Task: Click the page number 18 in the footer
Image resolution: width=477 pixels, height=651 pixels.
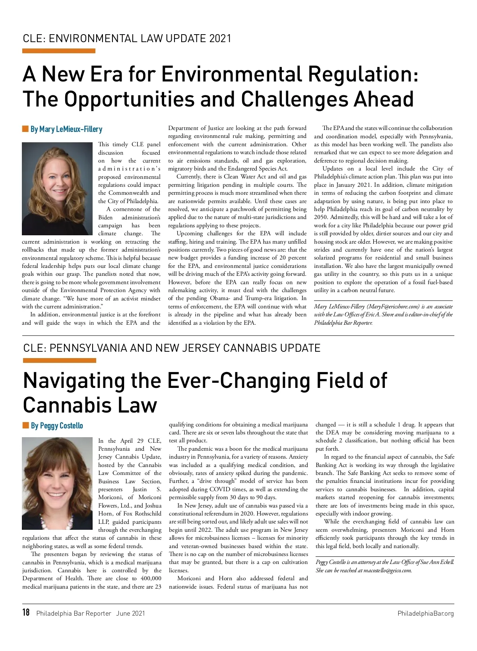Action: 26,612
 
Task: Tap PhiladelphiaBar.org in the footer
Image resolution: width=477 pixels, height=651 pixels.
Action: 425,613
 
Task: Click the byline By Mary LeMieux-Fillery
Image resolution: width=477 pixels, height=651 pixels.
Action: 66,129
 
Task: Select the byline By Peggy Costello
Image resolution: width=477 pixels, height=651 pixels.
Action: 57,426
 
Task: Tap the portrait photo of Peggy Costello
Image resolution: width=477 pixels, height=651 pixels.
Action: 58,483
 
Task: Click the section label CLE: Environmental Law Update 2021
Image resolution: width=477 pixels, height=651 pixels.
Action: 127,39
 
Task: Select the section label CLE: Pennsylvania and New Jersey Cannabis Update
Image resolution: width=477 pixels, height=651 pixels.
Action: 172,348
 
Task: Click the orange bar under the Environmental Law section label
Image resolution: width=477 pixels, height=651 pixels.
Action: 59,51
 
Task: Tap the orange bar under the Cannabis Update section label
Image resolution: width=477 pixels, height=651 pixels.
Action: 60,360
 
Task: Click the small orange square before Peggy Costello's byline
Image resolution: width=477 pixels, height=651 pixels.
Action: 26,426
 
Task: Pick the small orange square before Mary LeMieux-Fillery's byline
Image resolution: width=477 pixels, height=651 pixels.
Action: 25,129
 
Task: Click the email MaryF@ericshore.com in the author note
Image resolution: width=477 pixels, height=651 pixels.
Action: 393,306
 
